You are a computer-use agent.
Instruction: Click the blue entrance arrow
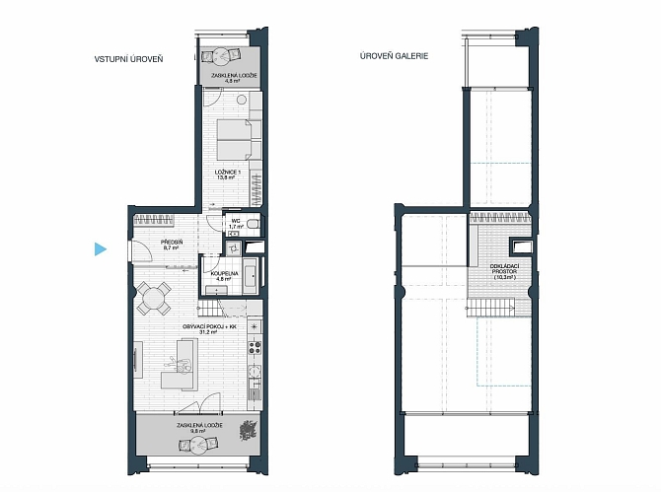coord(100,248)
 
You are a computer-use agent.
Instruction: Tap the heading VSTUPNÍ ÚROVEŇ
coord(128,59)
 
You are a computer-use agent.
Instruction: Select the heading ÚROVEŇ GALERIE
coord(395,56)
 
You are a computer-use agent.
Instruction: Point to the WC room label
coord(236,221)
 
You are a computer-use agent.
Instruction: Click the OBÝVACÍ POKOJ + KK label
coord(209,327)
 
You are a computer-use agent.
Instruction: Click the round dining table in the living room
coord(154,299)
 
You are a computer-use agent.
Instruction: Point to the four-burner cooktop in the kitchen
coord(255,348)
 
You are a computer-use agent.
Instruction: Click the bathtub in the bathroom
coord(251,276)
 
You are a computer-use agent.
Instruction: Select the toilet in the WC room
coord(252,224)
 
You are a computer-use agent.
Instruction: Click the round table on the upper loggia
coord(220,55)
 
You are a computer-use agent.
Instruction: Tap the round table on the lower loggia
coord(198,444)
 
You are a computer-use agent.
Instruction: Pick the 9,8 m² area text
coord(200,431)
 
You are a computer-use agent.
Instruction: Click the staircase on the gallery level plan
coord(491,306)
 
